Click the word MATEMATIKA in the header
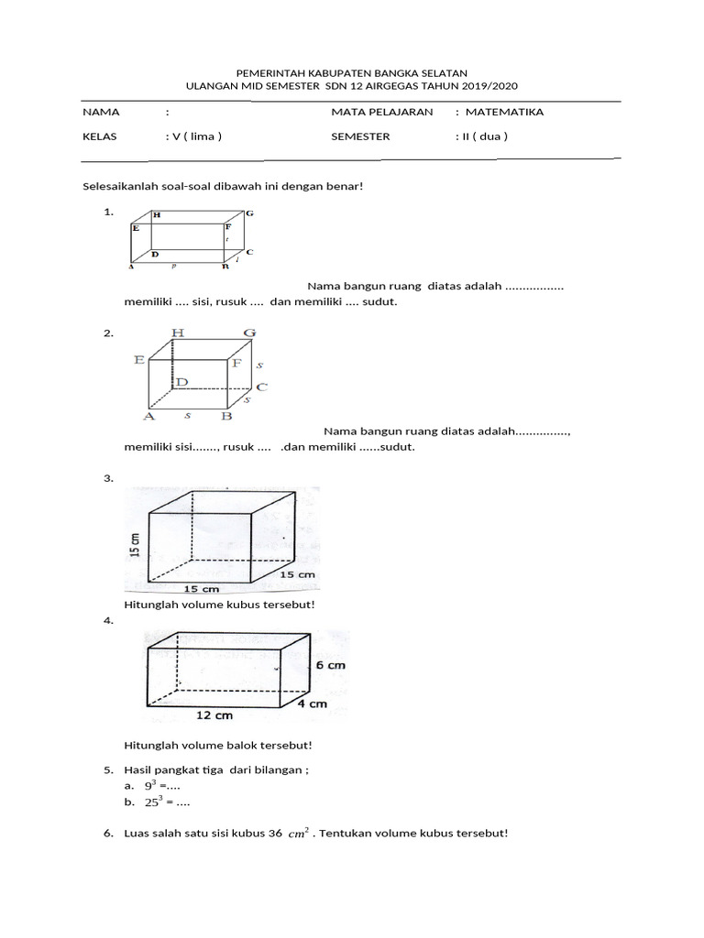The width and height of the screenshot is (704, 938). point(504,113)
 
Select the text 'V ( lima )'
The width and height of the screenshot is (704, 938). point(194,136)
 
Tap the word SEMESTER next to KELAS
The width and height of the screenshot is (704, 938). point(360,136)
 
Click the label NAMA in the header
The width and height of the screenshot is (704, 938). point(101,113)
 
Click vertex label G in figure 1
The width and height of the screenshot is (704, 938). point(248,213)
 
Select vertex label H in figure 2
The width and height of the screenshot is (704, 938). point(177,333)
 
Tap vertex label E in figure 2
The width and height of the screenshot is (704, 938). point(139,361)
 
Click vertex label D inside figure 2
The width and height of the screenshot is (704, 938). point(183,381)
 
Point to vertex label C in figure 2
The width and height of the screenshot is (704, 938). point(261,387)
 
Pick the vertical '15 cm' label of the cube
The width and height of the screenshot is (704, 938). point(135,546)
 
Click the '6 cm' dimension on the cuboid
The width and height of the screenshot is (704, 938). point(331,665)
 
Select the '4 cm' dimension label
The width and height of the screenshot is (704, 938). point(311,703)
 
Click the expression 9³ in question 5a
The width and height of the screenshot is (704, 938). point(150,786)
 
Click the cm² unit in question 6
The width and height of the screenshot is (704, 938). point(298,834)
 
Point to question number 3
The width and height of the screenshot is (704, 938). point(108,478)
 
